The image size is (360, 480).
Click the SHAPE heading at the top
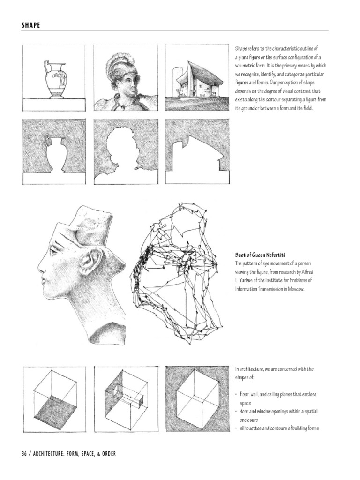click(30, 25)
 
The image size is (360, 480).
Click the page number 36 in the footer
click(24, 453)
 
